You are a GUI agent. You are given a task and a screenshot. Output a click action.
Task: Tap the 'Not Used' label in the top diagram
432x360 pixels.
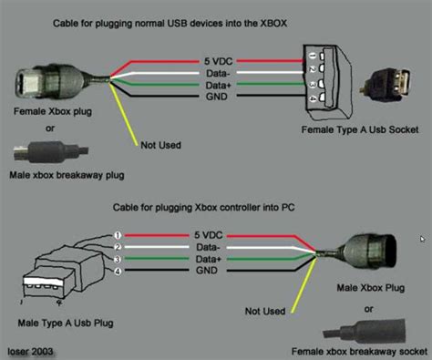(160, 144)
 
